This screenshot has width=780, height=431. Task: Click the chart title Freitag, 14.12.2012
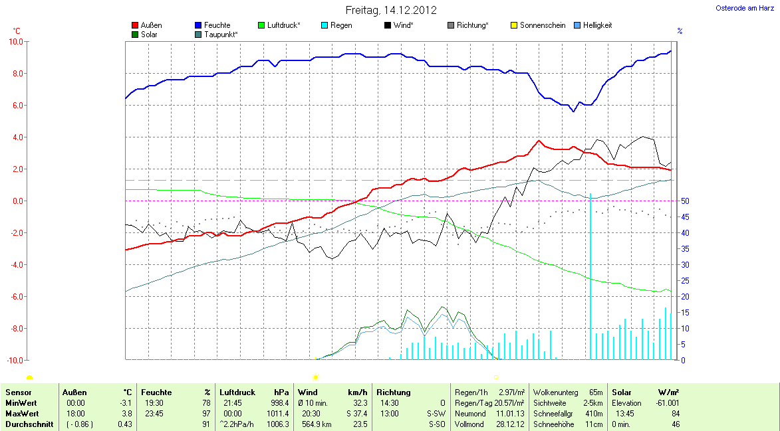[391, 10]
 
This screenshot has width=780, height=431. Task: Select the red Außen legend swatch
[136, 25]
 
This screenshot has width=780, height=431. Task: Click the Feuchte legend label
[217, 25]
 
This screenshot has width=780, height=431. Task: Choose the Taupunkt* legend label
[221, 34]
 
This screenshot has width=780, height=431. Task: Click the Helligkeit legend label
[597, 25]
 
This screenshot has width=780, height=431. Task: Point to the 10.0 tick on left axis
[15, 41]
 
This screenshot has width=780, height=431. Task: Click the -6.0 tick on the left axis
[15, 296]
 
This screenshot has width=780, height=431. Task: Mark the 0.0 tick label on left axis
[16, 201]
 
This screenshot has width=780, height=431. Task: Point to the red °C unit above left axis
[17, 31]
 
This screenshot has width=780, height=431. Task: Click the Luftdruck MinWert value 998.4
[279, 403]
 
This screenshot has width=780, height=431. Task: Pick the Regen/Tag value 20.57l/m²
[509, 403]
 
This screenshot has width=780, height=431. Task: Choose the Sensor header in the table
[18, 392]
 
